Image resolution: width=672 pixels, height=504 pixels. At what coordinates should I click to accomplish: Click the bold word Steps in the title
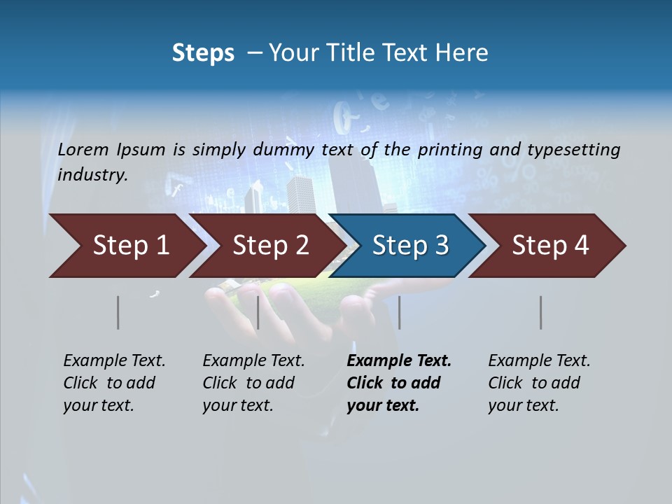point(203,53)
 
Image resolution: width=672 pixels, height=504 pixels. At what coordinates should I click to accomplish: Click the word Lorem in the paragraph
point(83,149)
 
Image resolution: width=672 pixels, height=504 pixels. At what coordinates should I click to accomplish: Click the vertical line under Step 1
point(118,313)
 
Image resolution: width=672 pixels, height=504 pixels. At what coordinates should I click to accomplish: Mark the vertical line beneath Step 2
point(258,313)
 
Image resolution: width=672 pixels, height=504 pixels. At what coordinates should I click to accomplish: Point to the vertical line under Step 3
point(399,313)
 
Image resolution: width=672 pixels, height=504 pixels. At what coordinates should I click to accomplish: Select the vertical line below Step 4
point(540,313)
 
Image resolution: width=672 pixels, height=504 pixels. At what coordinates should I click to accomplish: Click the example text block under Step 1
point(114,383)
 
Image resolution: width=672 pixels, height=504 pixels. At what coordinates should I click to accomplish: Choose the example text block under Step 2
point(253,383)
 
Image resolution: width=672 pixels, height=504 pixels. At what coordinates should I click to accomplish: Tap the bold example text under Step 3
point(399,383)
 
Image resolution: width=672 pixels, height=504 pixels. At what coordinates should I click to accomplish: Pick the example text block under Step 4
point(539,383)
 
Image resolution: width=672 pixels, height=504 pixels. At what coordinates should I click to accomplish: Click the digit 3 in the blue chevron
point(441,246)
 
